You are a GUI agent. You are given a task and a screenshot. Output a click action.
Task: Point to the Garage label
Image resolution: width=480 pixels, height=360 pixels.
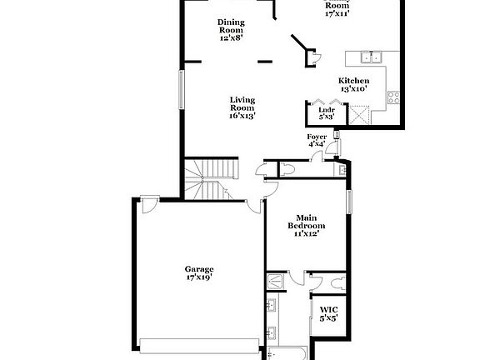point(199,269)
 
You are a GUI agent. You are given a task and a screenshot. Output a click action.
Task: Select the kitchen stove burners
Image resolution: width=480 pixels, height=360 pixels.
point(392,99)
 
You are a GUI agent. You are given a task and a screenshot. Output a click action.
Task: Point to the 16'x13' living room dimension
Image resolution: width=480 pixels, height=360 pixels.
point(242,116)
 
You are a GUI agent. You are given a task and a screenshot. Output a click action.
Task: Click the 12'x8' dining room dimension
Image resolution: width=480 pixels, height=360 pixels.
point(231,38)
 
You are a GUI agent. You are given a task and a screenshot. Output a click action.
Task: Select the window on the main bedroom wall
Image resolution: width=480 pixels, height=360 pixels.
point(351,202)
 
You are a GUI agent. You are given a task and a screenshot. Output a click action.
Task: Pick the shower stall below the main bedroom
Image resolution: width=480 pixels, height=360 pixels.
point(275,282)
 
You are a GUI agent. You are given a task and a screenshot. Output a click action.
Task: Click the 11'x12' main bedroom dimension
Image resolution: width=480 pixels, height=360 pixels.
point(306,233)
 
